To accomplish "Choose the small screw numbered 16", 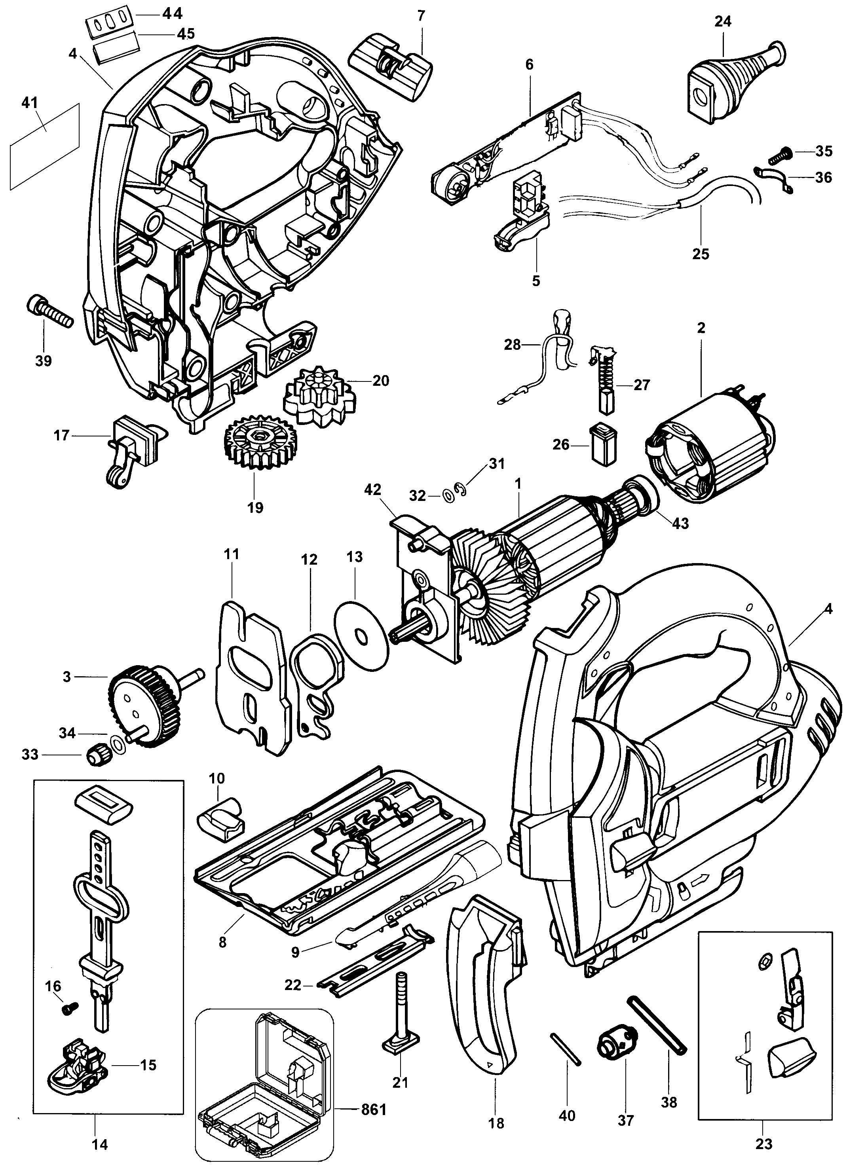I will pyautogui.click(x=68, y=1009).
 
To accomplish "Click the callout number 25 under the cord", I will pyautogui.click(x=700, y=254).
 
